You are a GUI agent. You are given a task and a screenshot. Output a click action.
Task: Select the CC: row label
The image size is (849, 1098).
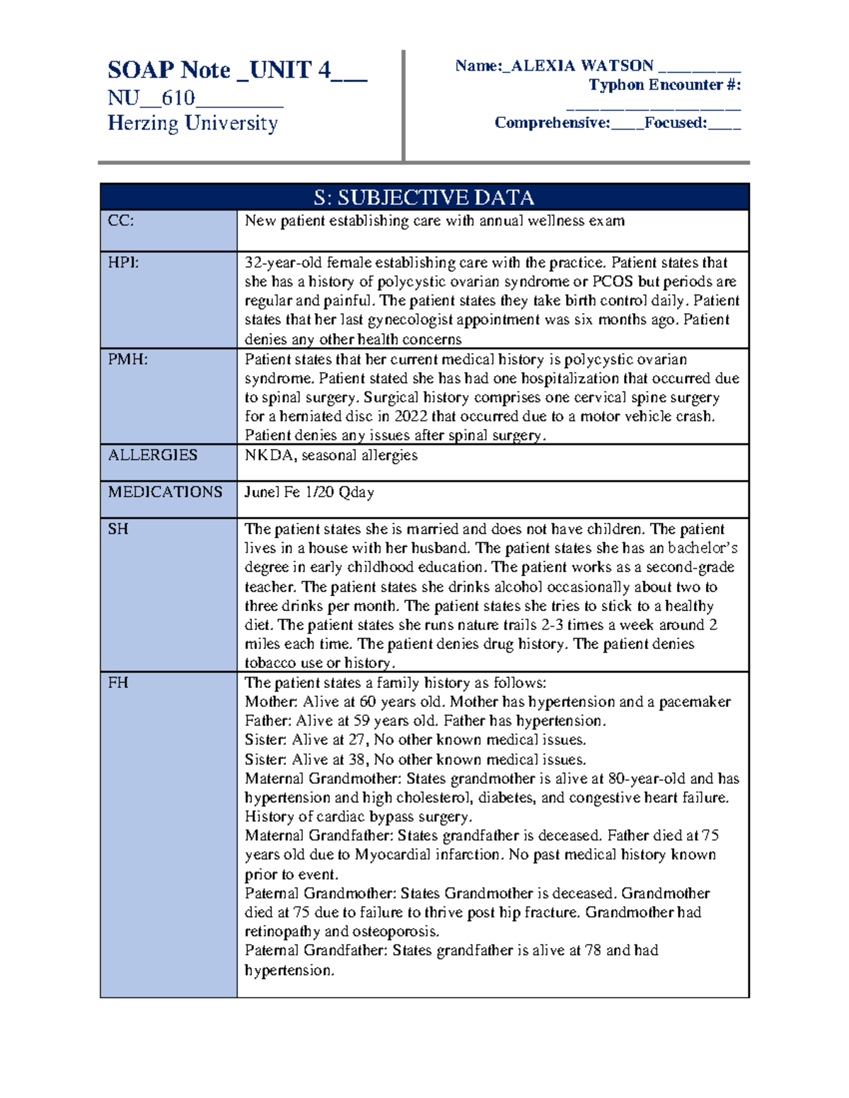click(x=121, y=221)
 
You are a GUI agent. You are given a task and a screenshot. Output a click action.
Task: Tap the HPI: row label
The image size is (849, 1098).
click(x=123, y=262)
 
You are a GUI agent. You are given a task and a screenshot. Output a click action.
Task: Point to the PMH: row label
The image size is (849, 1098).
click(x=127, y=359)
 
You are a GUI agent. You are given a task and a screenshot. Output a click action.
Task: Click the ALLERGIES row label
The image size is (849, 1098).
click(x=152, y=455)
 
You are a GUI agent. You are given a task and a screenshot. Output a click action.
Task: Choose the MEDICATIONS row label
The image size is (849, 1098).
click(x=165, y=492)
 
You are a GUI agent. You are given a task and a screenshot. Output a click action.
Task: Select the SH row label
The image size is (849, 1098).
click(x=118, y=529)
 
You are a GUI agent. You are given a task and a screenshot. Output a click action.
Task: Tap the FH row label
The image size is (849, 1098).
click(x=118, y=683)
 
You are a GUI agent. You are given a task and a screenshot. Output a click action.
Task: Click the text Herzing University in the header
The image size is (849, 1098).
click(x=192, y=123)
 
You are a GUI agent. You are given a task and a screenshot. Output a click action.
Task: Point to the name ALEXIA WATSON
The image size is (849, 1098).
click(x=582, y=66)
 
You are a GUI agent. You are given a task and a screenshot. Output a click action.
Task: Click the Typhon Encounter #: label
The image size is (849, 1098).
click(x=664, y=85)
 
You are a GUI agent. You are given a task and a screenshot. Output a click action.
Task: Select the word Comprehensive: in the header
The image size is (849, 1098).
click(x=552, y=123)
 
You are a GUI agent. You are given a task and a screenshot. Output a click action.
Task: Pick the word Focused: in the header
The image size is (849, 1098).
click(x=675, y=123)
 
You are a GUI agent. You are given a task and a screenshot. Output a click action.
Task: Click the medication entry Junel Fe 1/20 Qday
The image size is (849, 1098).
click(x=309, y=492)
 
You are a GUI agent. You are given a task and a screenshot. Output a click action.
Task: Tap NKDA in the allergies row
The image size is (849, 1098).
click(x=269, y=455)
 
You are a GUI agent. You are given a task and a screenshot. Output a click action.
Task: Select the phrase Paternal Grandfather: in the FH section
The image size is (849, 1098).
click(x=316, y=950)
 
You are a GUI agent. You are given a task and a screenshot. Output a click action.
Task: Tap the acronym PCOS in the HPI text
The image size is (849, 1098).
click(x=613, y=281)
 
